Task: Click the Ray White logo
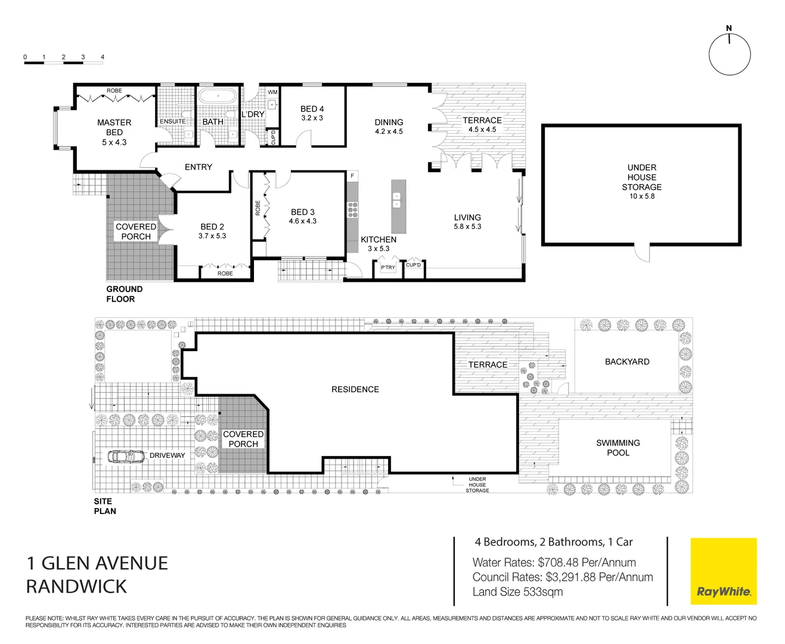click(723, 572)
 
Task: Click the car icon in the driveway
click(126, 456)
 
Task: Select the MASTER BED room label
click(114, 128)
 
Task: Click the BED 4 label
click(312, 109)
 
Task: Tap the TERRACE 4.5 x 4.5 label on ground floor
click(482, 125)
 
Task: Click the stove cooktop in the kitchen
click(353, 209)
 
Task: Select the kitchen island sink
click(398, 200)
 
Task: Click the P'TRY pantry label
click(388, 268)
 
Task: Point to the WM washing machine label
click(272, 92)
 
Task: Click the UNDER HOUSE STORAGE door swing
click(641, 253)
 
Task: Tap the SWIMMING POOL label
click(618, 448)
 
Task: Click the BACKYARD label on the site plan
click(627, 362)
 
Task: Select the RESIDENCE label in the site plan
click(355, 389)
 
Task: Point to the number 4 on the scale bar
click(103, 57)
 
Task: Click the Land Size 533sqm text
click(517, 592)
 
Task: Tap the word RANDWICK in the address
click(76, 587)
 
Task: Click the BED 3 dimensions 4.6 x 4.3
click(303, 221)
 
